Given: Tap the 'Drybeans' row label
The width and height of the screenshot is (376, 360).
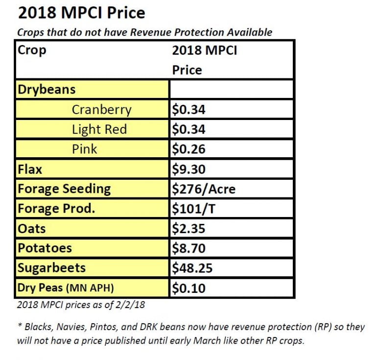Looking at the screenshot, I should (47, 90).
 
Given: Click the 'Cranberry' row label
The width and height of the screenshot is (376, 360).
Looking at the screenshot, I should (101, 110).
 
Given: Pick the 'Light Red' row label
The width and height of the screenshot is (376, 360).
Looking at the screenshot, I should (99, 129).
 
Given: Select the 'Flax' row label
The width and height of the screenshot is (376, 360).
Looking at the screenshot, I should (30, 169).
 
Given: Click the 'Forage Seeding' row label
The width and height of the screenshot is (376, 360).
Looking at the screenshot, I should (64, 189).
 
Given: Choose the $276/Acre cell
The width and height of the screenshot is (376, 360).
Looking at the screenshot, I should (203, 189).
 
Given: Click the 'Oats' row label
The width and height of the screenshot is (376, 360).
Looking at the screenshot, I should (31, 228).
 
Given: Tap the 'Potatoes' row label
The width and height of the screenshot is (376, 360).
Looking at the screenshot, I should (45, 248).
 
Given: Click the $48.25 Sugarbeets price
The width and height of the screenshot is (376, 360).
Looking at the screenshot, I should (192, 268).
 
